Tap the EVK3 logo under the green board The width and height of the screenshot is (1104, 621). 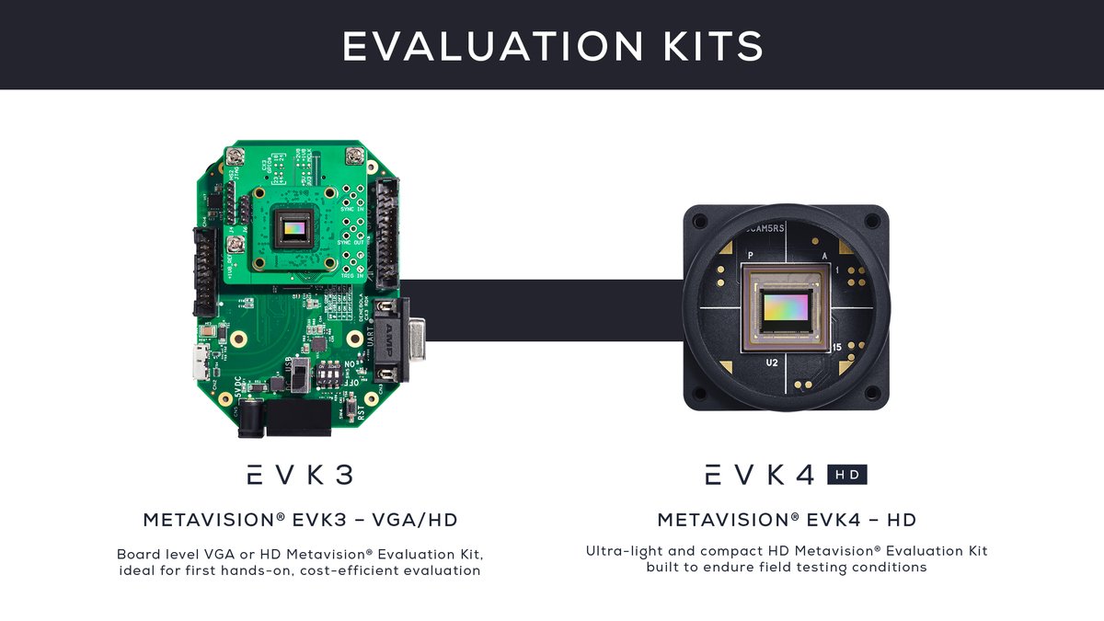tap(300, 475)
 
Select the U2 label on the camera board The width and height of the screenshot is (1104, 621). tap(773, 363)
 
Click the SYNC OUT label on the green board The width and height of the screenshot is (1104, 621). tap(353, 242)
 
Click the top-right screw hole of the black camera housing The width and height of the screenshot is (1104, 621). tap(871, 222)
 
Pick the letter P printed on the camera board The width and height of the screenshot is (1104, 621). tap(751, 256)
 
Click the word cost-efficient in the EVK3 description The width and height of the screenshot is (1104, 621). tap(293, 570)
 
